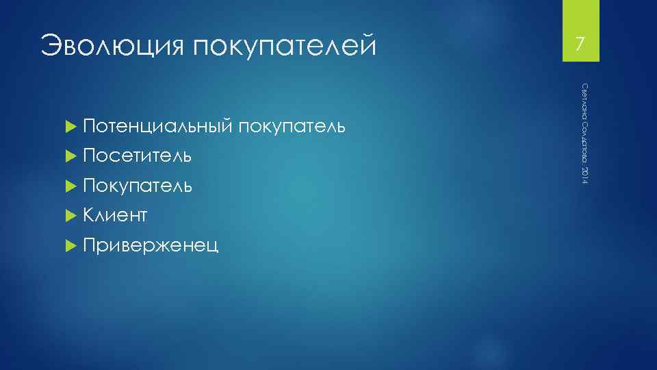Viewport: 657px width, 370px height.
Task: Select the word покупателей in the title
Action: (284, 47)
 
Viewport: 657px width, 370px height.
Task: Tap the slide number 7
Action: (580, 45)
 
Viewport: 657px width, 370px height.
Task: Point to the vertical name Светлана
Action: (584, 99)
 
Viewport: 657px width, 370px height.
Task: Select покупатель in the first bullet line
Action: (293, 127)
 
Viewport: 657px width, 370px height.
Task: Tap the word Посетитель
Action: (138, 157)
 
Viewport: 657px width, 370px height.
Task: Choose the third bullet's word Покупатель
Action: (138, 186)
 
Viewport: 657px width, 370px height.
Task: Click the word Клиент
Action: (116, 217)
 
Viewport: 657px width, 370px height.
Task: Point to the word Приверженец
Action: (151, 246)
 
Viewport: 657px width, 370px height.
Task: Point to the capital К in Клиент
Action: (88, 217)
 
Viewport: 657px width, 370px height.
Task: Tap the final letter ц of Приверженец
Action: (214, 247)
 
